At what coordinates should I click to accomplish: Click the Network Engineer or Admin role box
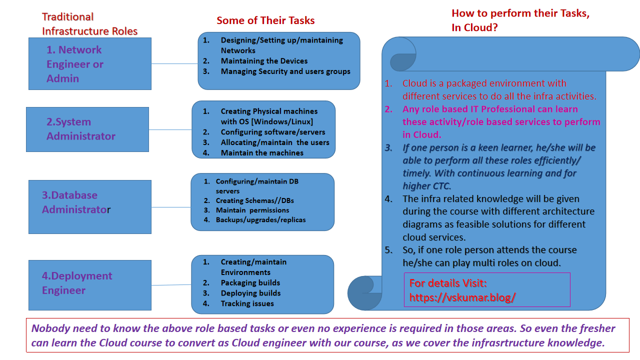[89, 63]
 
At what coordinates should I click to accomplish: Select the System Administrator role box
[87, 129]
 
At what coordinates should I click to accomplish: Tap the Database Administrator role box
[89, 206]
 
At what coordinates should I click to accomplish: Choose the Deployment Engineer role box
[89, 284]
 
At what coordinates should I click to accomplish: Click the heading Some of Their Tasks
[265, 20]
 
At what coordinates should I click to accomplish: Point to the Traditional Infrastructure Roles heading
[89, 24]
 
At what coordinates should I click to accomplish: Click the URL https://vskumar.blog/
[462, 297]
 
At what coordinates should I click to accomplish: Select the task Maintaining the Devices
[264, 61]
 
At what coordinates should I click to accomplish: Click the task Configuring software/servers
[272, 132]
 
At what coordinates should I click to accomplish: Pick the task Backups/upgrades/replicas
[260, 219]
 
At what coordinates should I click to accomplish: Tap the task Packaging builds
[250, 282]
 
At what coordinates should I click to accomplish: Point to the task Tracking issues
[247, 303]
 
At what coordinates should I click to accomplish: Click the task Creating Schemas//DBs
[254, 200]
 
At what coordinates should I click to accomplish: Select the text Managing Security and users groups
[285, 71]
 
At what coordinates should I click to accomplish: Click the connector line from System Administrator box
[170, 129]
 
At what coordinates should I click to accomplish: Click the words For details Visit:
[448, 283]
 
